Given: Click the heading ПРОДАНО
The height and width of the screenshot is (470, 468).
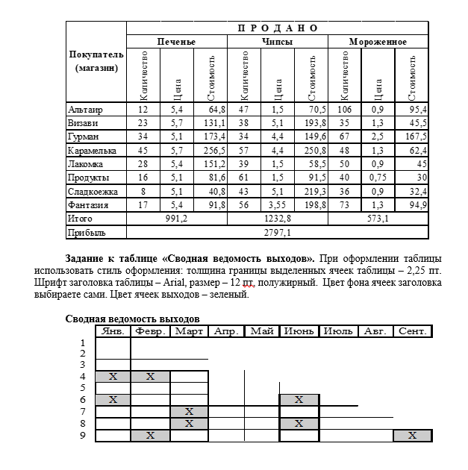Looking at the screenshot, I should point(278,28).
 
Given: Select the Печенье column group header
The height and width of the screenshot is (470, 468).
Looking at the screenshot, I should point(176,41).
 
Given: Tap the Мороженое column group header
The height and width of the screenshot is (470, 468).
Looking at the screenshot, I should point(378,41).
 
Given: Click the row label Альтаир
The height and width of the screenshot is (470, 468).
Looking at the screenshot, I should point(84,110).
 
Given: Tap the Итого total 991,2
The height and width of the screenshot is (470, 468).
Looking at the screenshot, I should point(176,219).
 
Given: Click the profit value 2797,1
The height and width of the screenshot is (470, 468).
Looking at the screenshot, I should point(277,232).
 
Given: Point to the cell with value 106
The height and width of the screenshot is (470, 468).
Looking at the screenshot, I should point(344,110).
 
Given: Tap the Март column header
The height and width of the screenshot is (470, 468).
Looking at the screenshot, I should point(188,330).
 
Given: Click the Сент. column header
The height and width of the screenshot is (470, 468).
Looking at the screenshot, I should point(413,330).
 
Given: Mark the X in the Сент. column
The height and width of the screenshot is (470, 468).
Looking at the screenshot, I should point(413,435).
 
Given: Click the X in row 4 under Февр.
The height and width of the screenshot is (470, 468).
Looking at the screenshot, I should point(150,376).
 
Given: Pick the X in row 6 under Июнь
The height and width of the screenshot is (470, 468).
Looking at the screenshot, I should point(299,399).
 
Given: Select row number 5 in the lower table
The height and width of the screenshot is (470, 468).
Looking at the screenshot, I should point(83,388).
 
